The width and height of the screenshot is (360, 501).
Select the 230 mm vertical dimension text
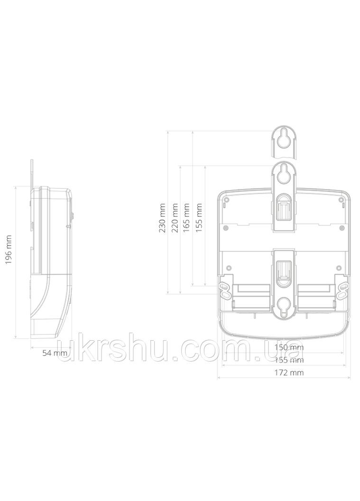pos(163,218)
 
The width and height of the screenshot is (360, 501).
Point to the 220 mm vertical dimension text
pos(175,218)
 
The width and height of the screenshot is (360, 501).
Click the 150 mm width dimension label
pos(289,347)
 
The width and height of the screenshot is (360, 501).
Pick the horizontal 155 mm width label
pos(289,360)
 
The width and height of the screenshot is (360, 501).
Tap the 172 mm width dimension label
pos(289,372)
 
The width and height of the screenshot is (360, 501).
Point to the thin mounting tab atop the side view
pos(32,173)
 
